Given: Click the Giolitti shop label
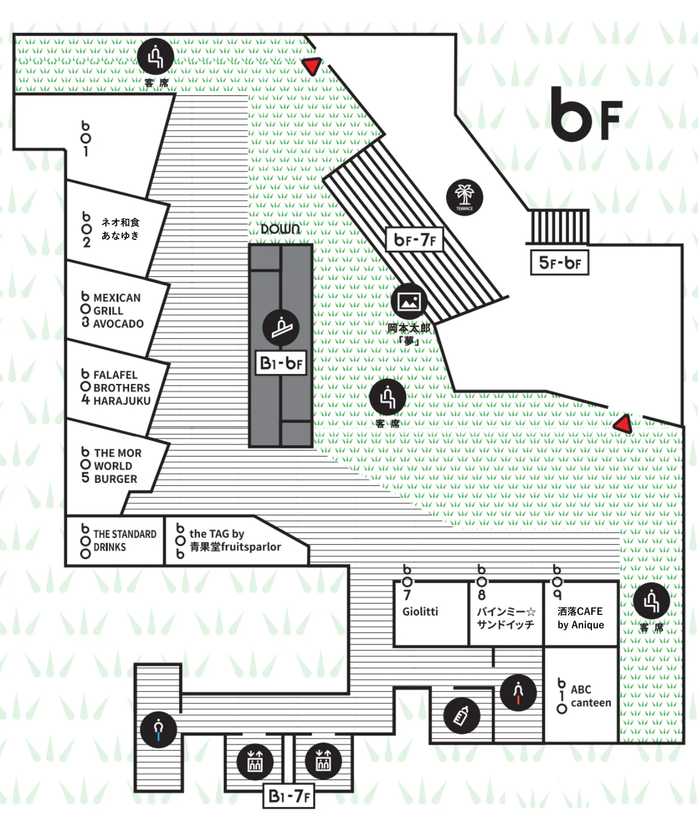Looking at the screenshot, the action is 420,612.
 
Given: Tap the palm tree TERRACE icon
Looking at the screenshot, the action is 465,197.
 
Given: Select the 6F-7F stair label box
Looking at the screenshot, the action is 414,240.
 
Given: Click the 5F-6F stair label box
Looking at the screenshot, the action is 560,263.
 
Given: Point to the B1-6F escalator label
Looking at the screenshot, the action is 281,363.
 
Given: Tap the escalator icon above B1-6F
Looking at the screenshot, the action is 281,328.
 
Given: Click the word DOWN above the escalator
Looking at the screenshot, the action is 280,229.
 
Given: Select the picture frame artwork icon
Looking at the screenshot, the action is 409,301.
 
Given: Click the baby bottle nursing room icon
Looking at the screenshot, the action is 462,715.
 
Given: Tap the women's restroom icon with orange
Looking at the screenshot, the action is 518,692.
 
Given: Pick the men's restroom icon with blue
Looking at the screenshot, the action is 159,729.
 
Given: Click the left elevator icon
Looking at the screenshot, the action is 255,761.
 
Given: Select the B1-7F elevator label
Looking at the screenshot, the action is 289,796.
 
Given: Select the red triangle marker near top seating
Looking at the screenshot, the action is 312,66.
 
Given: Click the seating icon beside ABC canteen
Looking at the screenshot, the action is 652,602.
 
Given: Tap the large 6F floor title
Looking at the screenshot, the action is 586,114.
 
